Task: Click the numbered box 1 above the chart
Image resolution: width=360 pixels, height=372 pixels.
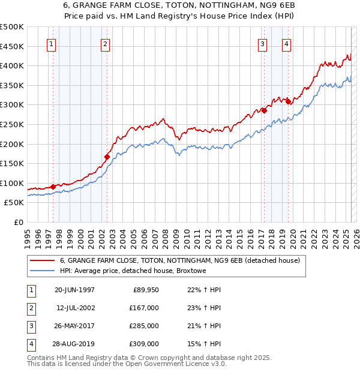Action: coord(51,43)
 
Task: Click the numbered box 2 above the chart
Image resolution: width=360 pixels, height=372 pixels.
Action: coord(105,43)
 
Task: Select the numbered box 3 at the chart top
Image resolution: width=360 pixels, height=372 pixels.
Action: coord(263,43)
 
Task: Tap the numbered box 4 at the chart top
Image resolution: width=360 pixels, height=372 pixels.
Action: coord(287,43)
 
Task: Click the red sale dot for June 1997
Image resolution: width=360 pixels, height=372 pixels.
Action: coord(53,187)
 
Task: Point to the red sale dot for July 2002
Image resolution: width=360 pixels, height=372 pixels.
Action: coord(107,157)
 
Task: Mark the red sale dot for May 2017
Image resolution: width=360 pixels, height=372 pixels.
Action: coord(264,110)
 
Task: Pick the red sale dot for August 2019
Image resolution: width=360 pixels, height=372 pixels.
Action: coord(288,101)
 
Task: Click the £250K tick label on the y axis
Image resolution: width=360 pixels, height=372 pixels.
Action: coord(13,124)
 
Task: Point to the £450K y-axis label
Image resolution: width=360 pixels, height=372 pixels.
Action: coord(13,46)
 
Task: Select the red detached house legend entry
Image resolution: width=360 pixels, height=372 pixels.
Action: coord(175,260)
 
